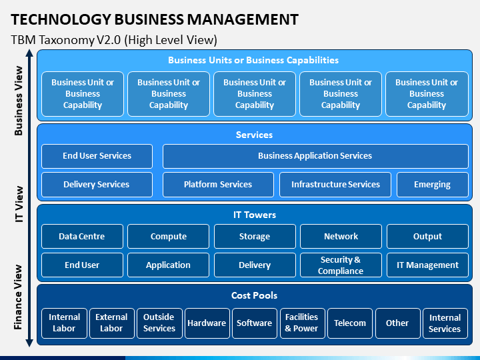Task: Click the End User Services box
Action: pyautogui.click(x=97, y=156)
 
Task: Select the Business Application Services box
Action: pyautogui.click(x=315, y=156)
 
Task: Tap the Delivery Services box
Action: pyautogui.click(x=97, y=185)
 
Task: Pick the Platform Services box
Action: pyautogui.click(x=218, y=185)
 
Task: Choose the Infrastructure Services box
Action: pyautogui.click(x=335, y=185)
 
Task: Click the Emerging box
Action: pyautogui.click(x=433, y=185)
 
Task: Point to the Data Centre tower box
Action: pyautogui.click(x=83, y=236)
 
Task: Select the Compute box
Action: pyautogui.click(x=169, y=236)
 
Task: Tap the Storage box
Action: pyautogui.click(x=255, y=236)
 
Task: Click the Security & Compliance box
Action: pyautogui.click(x=341, y=265)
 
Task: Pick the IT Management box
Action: pyautogui.click(x=427, y=265)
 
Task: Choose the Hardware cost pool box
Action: pyautogui.click(x=207, y=323)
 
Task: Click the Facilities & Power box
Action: pyautogui.click(x=303, y=323)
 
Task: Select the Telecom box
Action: pyautogui.click(x=350, y=323)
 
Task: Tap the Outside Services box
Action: pyautogui.click(x=159, y=323)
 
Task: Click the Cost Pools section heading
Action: pyautogui.click(x=255, y=295)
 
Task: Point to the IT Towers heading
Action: pyautogui.click(x=255, y=215)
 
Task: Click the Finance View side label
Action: pyautogui.click(x=19, y=297)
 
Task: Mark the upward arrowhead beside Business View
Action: pyautogui.click(x=29, y=53)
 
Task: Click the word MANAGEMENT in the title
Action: pyautogui.click(x=243, y=19)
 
